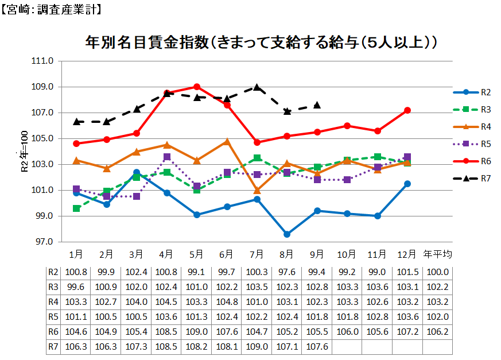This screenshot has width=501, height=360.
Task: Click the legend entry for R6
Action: (485, 161)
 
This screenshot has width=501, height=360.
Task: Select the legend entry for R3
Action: (485, 109)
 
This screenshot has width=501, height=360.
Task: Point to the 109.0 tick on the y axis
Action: (43, 87)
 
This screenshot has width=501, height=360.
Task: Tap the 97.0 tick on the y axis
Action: (43, 242)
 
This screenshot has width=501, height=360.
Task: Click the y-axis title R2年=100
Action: (24, 152)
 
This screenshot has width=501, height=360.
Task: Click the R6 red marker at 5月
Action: (197, 87)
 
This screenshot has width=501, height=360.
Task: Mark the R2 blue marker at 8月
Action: (287, 234)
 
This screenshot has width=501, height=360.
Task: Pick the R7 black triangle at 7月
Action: (257, 87)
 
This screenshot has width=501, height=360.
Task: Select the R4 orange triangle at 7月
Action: (257, 191)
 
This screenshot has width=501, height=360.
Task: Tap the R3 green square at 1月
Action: (76, 208)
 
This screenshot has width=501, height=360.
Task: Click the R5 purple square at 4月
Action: (167, 157)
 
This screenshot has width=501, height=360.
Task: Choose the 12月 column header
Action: (407, 254)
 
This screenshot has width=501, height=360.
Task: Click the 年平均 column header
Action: (438, 254)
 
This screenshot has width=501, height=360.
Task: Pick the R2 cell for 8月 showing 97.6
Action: (287, 272)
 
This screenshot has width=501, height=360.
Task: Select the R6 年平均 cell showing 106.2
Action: (438, 331)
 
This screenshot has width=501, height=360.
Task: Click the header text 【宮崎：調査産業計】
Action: (52, 9)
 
